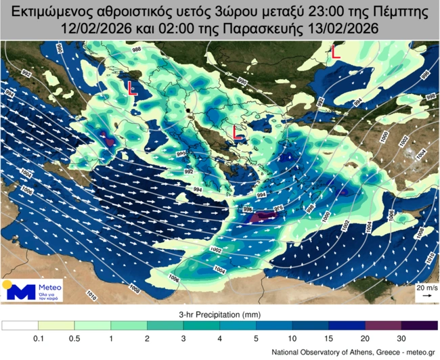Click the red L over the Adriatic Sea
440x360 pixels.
[133, 88]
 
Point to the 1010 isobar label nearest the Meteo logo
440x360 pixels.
[91, 294]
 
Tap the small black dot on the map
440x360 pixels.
[189, 109]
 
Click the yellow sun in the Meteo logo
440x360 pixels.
[7, 284]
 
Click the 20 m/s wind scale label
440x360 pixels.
[424, 289]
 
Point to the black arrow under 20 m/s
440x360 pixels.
[424, 297]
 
